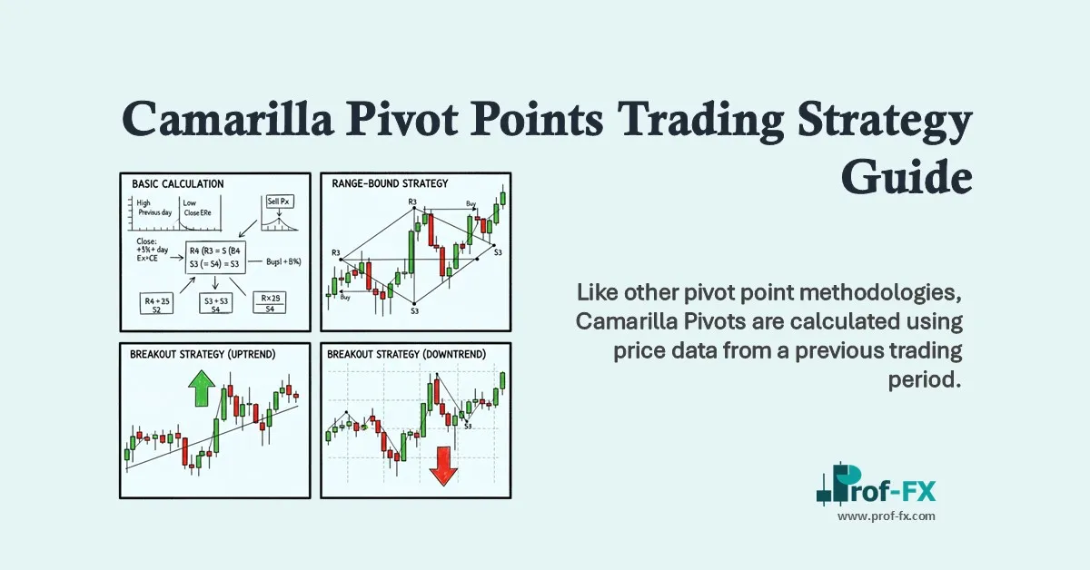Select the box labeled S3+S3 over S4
tap(215, 303)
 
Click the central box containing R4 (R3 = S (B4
tap(217, 257)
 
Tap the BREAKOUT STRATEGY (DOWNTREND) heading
tap(406, 354)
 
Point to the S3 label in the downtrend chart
tap(467, 425)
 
